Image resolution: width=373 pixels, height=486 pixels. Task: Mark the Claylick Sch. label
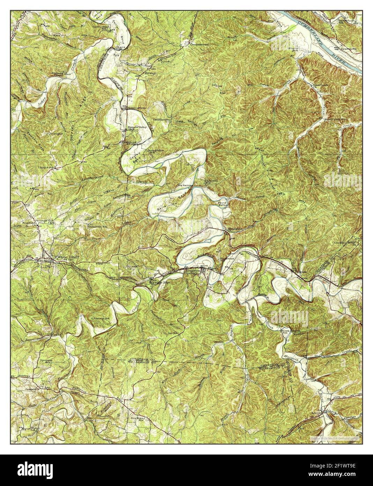pos(47,167)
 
